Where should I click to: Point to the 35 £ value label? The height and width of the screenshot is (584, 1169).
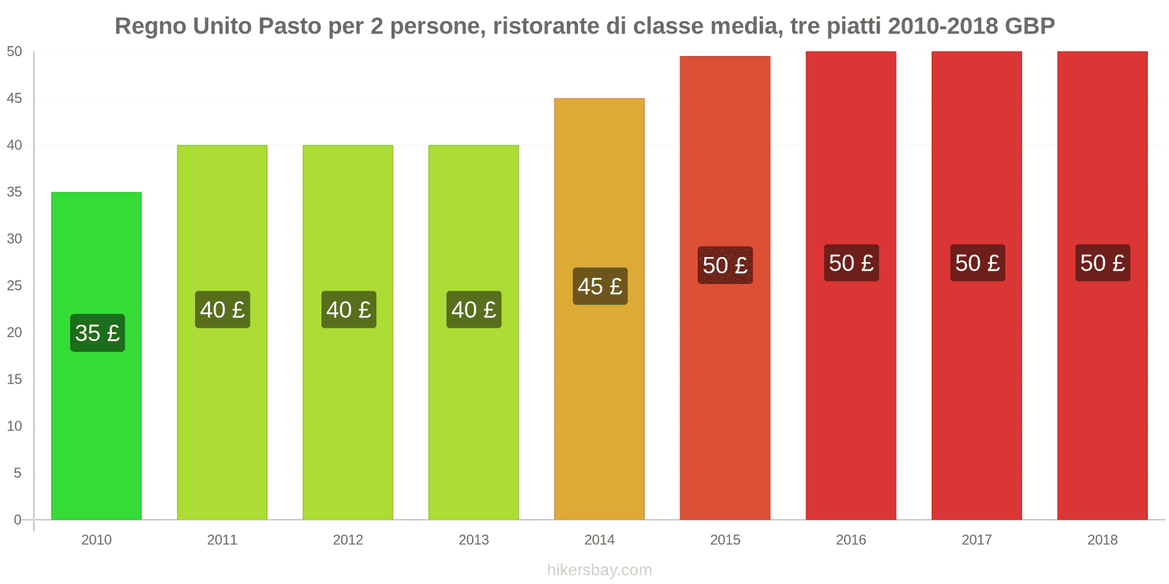tap(97, 333)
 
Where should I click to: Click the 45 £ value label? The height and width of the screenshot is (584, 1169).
tap(600, 286)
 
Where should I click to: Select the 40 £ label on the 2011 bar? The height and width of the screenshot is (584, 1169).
tap(223, 310)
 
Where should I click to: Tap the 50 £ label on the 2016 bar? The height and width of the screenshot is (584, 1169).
tap(851, 263)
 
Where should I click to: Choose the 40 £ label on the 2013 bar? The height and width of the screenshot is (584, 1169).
tap(474, 310)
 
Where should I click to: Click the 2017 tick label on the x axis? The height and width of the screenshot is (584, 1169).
tap(977, 540)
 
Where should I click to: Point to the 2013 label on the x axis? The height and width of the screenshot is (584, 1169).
tap(473, 540)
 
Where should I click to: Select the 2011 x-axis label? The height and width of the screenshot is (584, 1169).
tap(222, 540)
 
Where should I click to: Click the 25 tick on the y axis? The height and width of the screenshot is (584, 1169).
tap(15, 285)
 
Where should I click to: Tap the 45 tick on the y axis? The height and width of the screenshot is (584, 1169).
tap(15, 99)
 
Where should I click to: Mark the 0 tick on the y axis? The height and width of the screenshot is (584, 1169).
tap(18, 520)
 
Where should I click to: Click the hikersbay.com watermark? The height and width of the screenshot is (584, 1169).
tap(599, 570)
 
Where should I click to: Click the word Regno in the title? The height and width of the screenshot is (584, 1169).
tap(151, 26)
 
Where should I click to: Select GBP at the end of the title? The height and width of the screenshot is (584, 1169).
tap(1029, 26)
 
